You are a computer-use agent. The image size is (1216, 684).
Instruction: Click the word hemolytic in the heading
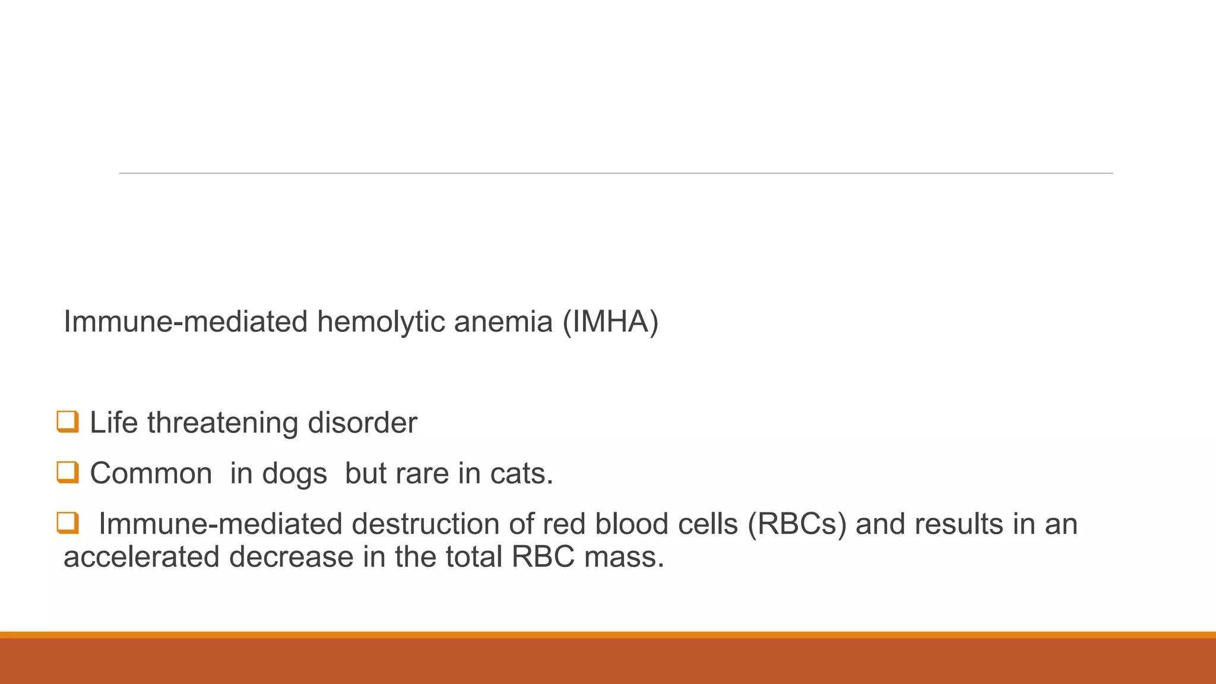381,322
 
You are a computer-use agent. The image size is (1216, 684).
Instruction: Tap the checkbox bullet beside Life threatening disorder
67,422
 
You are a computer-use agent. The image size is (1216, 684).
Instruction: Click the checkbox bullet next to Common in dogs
67,473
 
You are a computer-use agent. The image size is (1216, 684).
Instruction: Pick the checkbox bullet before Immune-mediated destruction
67,523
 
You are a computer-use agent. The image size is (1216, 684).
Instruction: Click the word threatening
223,423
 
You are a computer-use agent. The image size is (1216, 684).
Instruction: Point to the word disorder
362,423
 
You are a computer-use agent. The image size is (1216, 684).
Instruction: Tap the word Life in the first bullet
113,423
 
